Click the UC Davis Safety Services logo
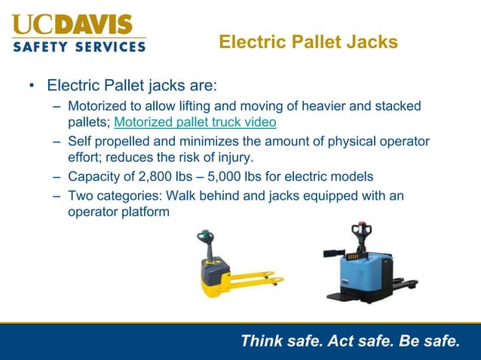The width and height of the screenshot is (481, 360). click(79, 32)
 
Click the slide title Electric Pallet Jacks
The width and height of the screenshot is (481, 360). click(308, 42)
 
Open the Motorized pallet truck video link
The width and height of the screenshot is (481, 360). click(195, 122)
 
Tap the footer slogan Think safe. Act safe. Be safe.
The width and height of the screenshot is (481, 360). click(349, 341)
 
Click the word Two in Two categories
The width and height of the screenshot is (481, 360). click(81, 196)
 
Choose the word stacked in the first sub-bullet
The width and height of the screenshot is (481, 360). click(399, 106)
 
